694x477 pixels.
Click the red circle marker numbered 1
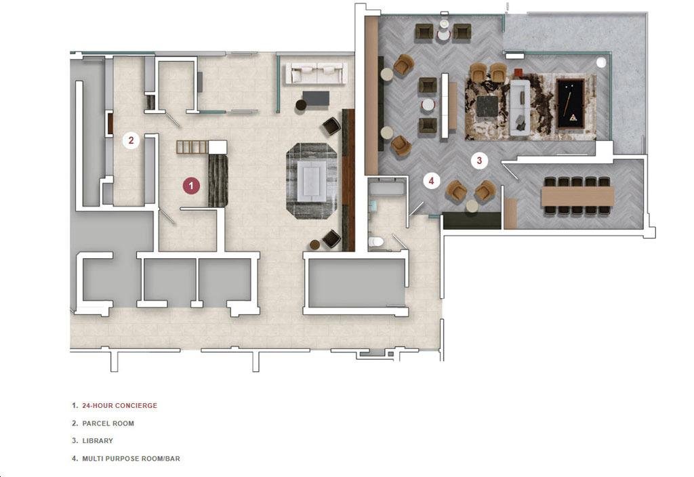pos(191,186)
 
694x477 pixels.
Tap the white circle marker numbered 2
pos(131,141)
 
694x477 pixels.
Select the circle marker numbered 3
pos(479,160)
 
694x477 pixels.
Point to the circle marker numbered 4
pos(432,180)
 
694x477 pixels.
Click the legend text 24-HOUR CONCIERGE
pos(119,405)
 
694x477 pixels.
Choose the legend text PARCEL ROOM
pos(108,423)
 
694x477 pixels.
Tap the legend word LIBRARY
pos(98,440)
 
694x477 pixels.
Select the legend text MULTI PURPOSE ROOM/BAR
pos(131,459)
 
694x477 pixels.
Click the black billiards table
pos(571,104)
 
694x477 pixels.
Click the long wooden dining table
pos(577,196)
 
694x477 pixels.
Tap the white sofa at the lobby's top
pos(317,72)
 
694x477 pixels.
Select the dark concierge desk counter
pos(218,180)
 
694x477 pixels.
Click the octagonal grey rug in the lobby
pos(312,181)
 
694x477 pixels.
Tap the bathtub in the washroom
pos(387,189)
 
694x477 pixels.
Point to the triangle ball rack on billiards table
pos(573,117)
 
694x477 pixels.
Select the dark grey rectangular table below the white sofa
pos(316,98)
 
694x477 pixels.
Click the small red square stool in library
pos(518,72)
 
